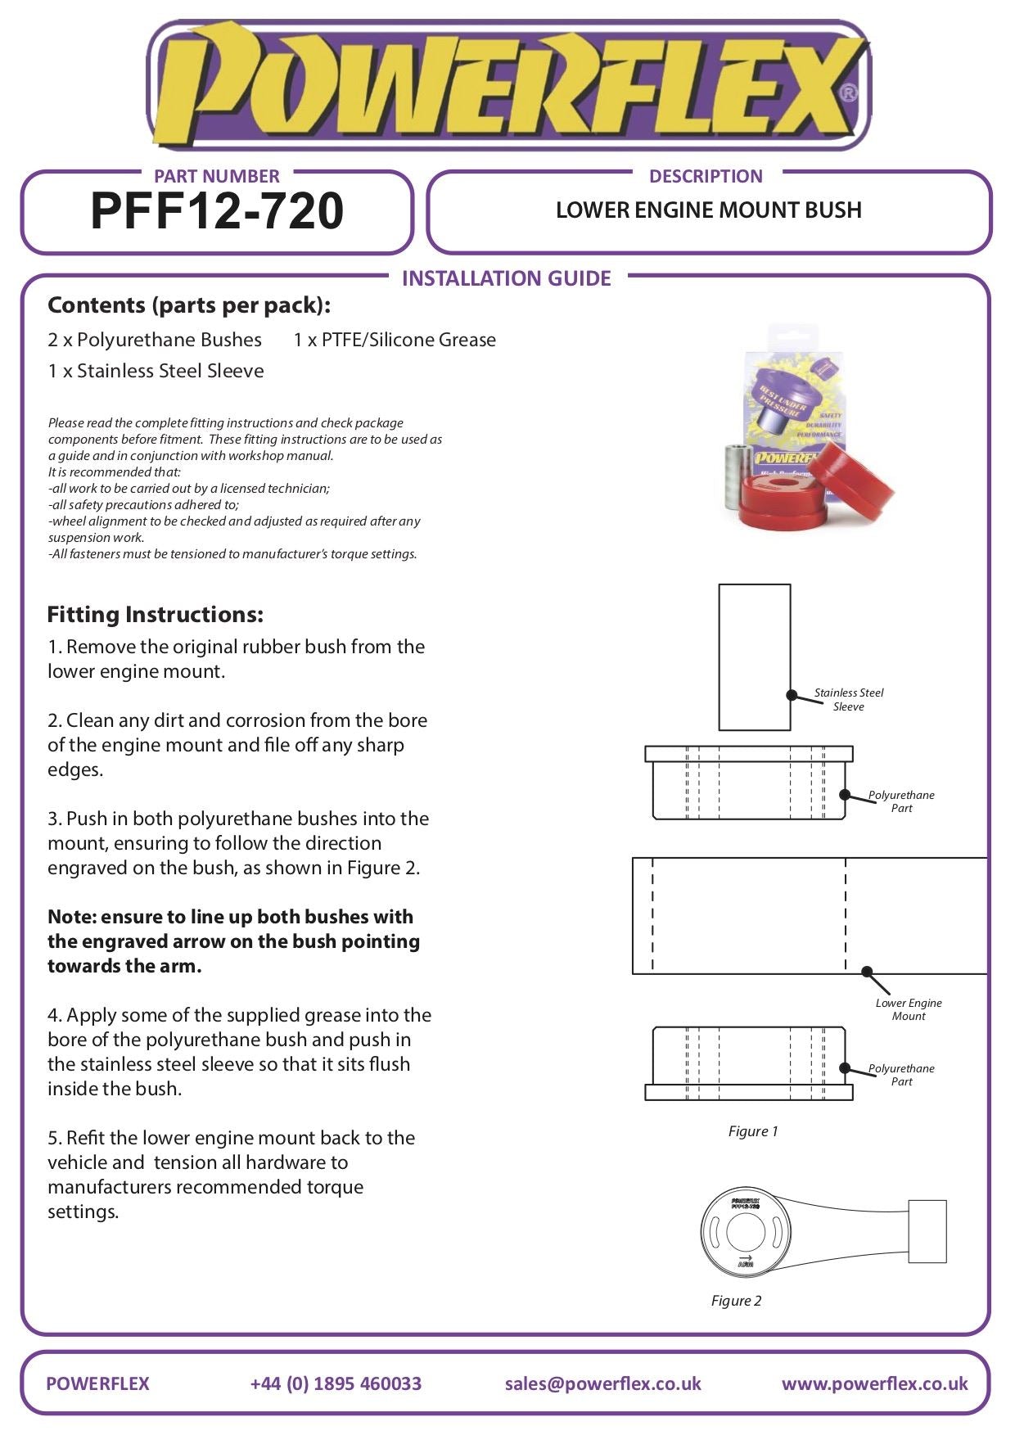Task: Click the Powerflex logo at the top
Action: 508,86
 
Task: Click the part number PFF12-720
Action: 217,211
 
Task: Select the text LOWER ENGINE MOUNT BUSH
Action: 708,210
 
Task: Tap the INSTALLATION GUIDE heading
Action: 506,279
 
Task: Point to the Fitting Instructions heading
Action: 155,615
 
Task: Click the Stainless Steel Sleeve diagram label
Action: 849,700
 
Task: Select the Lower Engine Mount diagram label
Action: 909,1009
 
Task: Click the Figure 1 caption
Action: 753,1131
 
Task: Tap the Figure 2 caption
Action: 736,1301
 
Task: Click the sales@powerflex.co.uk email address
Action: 602,1383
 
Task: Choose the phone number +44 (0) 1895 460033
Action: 336,1383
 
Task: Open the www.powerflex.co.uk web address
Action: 874,1383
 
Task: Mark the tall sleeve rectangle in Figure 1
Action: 754,657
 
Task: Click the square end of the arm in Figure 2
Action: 927,1231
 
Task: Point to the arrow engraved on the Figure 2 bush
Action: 745,1257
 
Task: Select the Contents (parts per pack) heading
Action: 189,305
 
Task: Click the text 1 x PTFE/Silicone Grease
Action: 395,340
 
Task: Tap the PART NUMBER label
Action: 216,176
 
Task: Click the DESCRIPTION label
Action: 706,176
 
